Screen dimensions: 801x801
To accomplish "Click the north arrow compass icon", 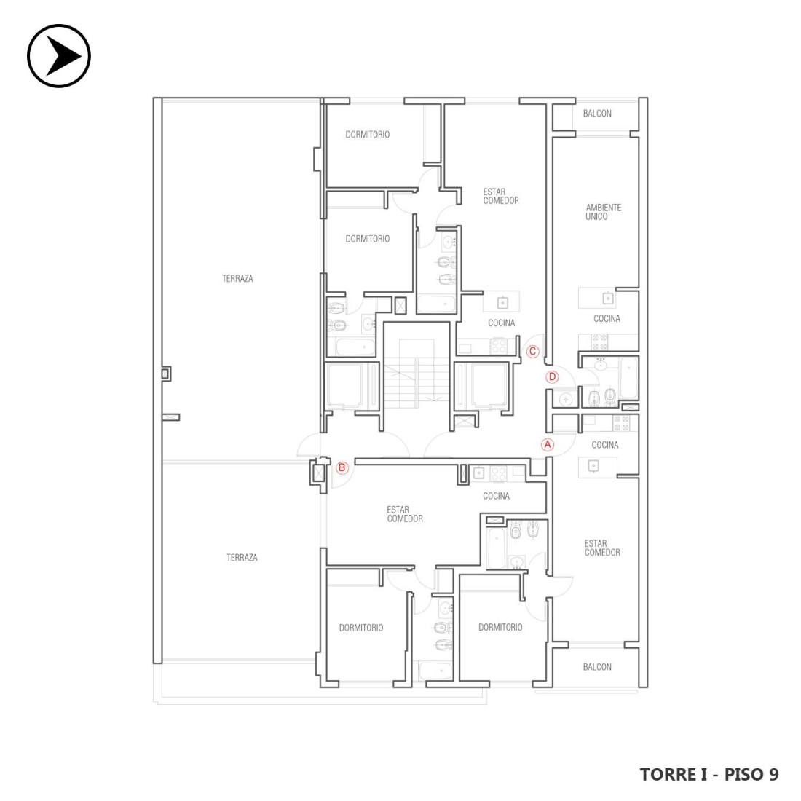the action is (59, 55).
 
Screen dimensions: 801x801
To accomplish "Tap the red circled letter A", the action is (548, 444).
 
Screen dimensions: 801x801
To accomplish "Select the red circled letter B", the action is (342, 467).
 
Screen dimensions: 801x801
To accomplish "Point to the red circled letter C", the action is (533, 352).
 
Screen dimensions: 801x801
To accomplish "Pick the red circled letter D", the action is (552, 377).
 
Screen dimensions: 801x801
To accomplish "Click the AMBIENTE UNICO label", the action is (604, 212).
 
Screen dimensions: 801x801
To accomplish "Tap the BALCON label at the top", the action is (597, 114).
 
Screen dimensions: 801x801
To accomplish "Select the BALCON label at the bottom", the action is (597, 666).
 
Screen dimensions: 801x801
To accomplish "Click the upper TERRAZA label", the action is (237, 278).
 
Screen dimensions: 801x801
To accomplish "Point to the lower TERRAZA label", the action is (242, 557).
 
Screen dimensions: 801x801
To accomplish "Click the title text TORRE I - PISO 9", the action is (709, 774).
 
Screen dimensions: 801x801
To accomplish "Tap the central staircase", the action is (417, 372).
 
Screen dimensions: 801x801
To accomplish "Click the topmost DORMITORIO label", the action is (367, 135).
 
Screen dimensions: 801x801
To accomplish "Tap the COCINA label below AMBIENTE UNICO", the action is (607, 318).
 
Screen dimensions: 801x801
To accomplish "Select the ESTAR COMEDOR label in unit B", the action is (405, 514).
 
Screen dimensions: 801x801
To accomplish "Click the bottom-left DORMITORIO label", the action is (361, 627).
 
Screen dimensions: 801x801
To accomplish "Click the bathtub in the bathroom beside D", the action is (628, 377).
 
